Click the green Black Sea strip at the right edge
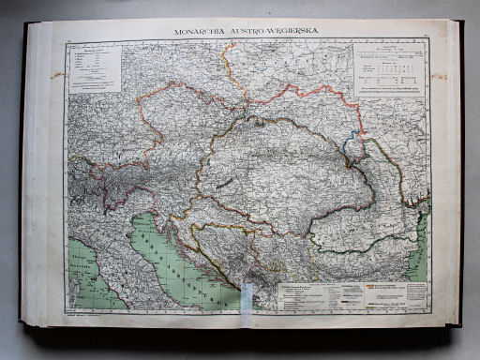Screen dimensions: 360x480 point(422,234)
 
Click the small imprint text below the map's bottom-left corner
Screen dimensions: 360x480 point(89,315)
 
